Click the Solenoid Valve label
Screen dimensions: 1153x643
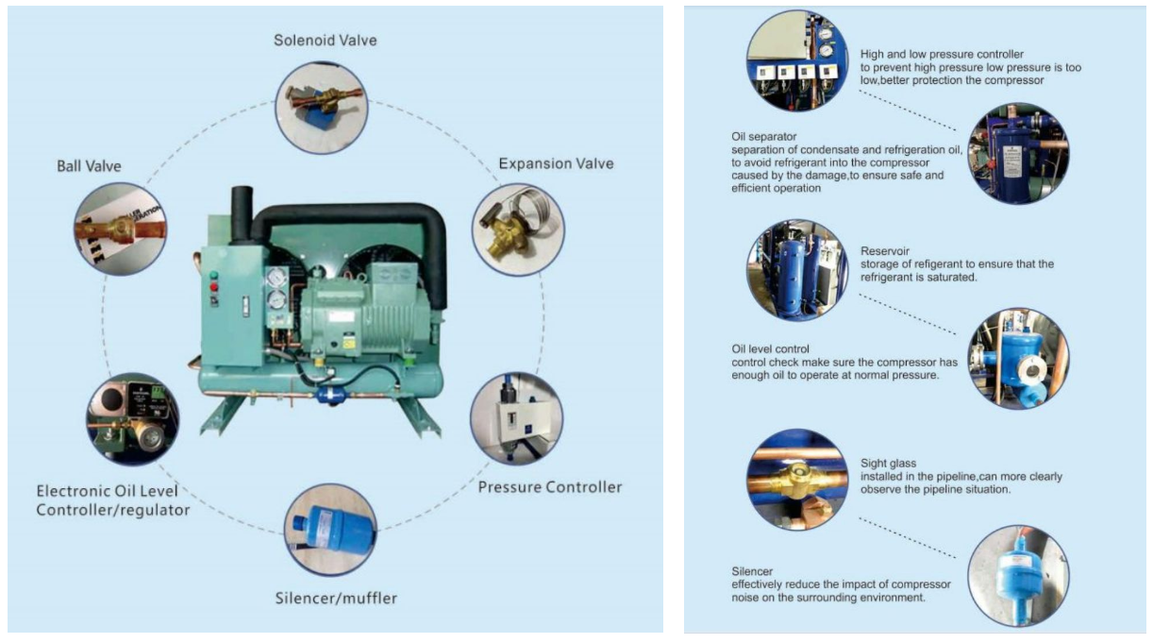tap(326, 41)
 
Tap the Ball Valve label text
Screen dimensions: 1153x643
tap(89, 166)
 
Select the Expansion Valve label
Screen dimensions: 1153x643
tap(556, 163)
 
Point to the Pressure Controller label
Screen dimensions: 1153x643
tap(550, 487)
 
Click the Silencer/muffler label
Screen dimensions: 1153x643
tap(336, 599)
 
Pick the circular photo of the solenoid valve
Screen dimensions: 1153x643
tap(322, 108)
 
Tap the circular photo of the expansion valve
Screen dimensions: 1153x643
tap(518, 229)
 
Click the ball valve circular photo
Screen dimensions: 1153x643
tap(121, 228)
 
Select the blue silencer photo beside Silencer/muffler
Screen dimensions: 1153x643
tap(330, 530)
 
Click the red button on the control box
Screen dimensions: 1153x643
tap(214, 287)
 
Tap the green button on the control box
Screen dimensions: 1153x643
tap(214, 275)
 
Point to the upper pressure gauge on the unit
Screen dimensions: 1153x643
tap(276, 278)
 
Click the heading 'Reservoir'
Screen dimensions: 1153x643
tap(885, 251)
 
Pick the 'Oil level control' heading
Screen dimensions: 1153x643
tap(770, 348)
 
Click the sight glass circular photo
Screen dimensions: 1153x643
tap(797, 479)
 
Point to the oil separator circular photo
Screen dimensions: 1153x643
tap(1019, 153)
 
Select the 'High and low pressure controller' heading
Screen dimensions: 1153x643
tap(942, 54)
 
